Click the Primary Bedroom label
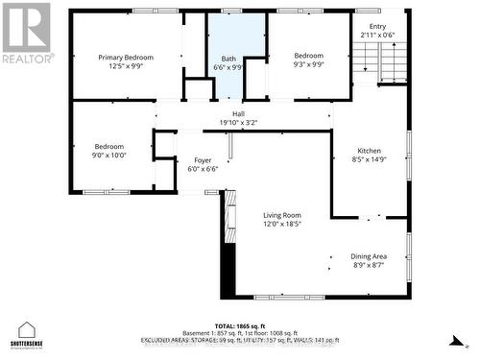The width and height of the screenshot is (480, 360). [126, 58]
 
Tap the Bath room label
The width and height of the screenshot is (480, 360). [228, 58]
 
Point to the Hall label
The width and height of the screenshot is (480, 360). [238, 113]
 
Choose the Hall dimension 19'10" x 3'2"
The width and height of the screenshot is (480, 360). [238, 123]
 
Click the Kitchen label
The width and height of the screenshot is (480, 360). [370, 152]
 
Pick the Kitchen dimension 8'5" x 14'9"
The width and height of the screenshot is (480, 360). [370, 161]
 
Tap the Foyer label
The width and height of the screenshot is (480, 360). [203, 160]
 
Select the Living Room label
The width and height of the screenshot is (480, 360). [283, 215]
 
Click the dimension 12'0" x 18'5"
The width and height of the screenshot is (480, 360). [283, 225]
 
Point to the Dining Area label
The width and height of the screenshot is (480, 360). [373, 256]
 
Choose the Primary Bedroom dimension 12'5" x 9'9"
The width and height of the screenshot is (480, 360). [126, 67]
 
